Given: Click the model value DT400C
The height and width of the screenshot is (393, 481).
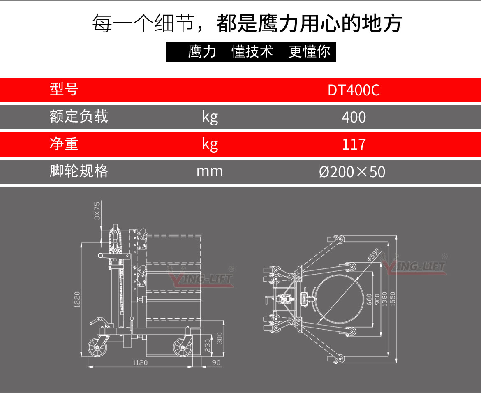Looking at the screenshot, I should tap(354, 90).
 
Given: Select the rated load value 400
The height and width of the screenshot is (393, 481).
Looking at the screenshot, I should tap(354, 118).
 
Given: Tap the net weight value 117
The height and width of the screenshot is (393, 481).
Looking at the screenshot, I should tap(354, 144).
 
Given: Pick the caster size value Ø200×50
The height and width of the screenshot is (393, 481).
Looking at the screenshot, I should tap(352, 171).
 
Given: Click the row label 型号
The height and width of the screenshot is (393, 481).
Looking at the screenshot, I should tap(64, 89).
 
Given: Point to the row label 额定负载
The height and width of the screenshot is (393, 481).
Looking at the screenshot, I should tap(79, 116).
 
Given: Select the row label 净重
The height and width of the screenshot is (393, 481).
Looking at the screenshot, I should tap(64, 143).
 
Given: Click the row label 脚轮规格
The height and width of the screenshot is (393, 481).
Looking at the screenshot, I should tap(79, 171).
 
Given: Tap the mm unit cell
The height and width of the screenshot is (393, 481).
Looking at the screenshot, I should tap(209, 171).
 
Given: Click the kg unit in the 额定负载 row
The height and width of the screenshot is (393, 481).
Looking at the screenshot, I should tap(210, 118).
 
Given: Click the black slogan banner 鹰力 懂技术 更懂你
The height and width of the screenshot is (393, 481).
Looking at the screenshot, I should tap(251, 52).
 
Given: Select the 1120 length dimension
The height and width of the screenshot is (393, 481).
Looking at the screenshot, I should tap(140, 363).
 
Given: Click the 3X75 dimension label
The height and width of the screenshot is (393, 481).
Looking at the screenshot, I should tap(97, 210).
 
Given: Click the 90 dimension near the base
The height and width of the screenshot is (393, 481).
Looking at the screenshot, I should tap(216, 363).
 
